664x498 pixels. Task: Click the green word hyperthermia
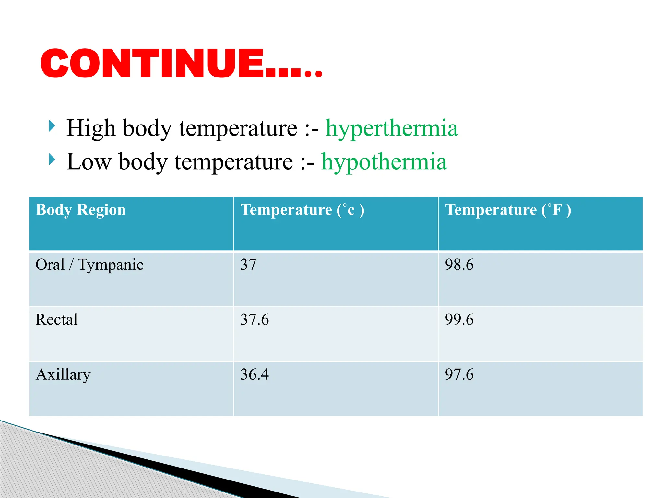pos(392,128)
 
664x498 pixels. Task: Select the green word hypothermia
pos(384,162)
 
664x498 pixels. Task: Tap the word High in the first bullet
pos(91,128)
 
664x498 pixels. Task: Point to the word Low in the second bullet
pos(89,162)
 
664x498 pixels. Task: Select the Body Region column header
pos(81,210)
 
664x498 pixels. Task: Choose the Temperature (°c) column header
pos(302,210)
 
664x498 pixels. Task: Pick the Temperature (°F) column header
pos(508,210)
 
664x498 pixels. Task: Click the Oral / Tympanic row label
pos(89,265)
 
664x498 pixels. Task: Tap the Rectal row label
pos(57,320)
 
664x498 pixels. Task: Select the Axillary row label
pos(63,375)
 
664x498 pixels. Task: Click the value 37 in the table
pos(248,265)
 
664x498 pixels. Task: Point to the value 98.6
pos(459,265)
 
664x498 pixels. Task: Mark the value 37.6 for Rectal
pos(255,320)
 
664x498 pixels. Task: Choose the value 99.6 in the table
pos(459,320)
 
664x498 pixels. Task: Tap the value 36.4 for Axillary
pos(255,375)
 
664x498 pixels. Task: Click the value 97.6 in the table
pos(459,375)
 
